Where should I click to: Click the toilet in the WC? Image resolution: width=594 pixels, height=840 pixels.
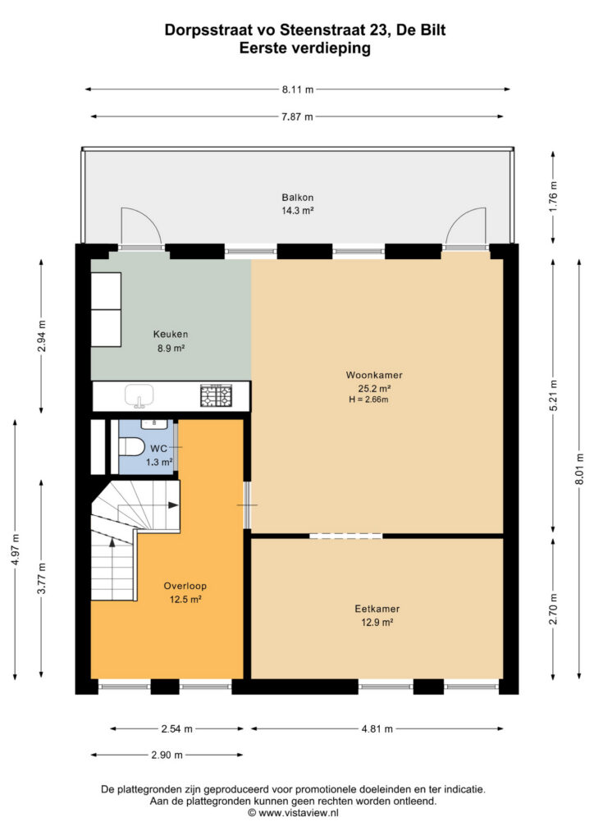[131, 446]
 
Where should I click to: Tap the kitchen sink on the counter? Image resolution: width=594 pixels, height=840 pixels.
[139, 396]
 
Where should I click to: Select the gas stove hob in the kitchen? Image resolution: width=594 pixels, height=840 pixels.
[217, 395]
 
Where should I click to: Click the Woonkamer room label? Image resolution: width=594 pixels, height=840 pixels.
[374, 375]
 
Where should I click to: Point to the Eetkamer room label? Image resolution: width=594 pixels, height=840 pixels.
[377, 609]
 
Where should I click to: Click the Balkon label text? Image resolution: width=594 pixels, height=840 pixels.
[298, 198]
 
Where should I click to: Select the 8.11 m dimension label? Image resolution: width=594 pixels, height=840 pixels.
[298, 89]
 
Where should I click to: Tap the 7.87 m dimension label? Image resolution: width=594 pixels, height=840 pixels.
[297, 116]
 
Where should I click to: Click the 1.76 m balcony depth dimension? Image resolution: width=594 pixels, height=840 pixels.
[554, 197]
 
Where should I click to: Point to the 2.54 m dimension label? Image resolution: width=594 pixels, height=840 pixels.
[176, 728]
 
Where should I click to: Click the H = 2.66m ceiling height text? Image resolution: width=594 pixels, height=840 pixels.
[368, 399]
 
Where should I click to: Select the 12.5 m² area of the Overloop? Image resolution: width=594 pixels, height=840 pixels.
[185, 600]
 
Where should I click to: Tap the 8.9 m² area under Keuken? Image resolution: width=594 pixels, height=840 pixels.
[171, 348]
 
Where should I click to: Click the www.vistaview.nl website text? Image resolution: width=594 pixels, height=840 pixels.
[299, 813]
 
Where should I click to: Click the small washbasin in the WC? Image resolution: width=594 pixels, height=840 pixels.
[154, 423]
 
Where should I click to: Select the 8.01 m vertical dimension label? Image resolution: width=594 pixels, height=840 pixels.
[579, 469]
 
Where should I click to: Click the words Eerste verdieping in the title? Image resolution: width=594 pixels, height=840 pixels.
[304, 48]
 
